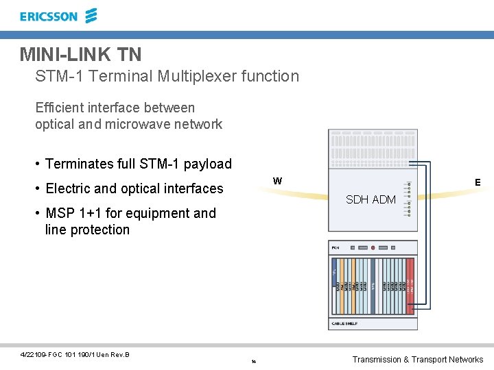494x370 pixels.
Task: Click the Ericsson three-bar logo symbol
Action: [91, 16]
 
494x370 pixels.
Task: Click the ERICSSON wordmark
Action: [49, 16]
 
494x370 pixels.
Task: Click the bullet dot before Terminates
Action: [38, 164]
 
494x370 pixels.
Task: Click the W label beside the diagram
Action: [277, 182]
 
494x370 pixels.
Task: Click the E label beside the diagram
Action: [478, 182]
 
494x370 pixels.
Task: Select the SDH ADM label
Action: [370, 199]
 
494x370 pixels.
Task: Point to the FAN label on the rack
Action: [336, 247]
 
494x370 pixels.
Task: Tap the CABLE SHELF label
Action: [345, 323]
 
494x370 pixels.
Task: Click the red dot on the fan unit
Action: [373, 247]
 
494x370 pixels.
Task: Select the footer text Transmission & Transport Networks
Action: [417, 359]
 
